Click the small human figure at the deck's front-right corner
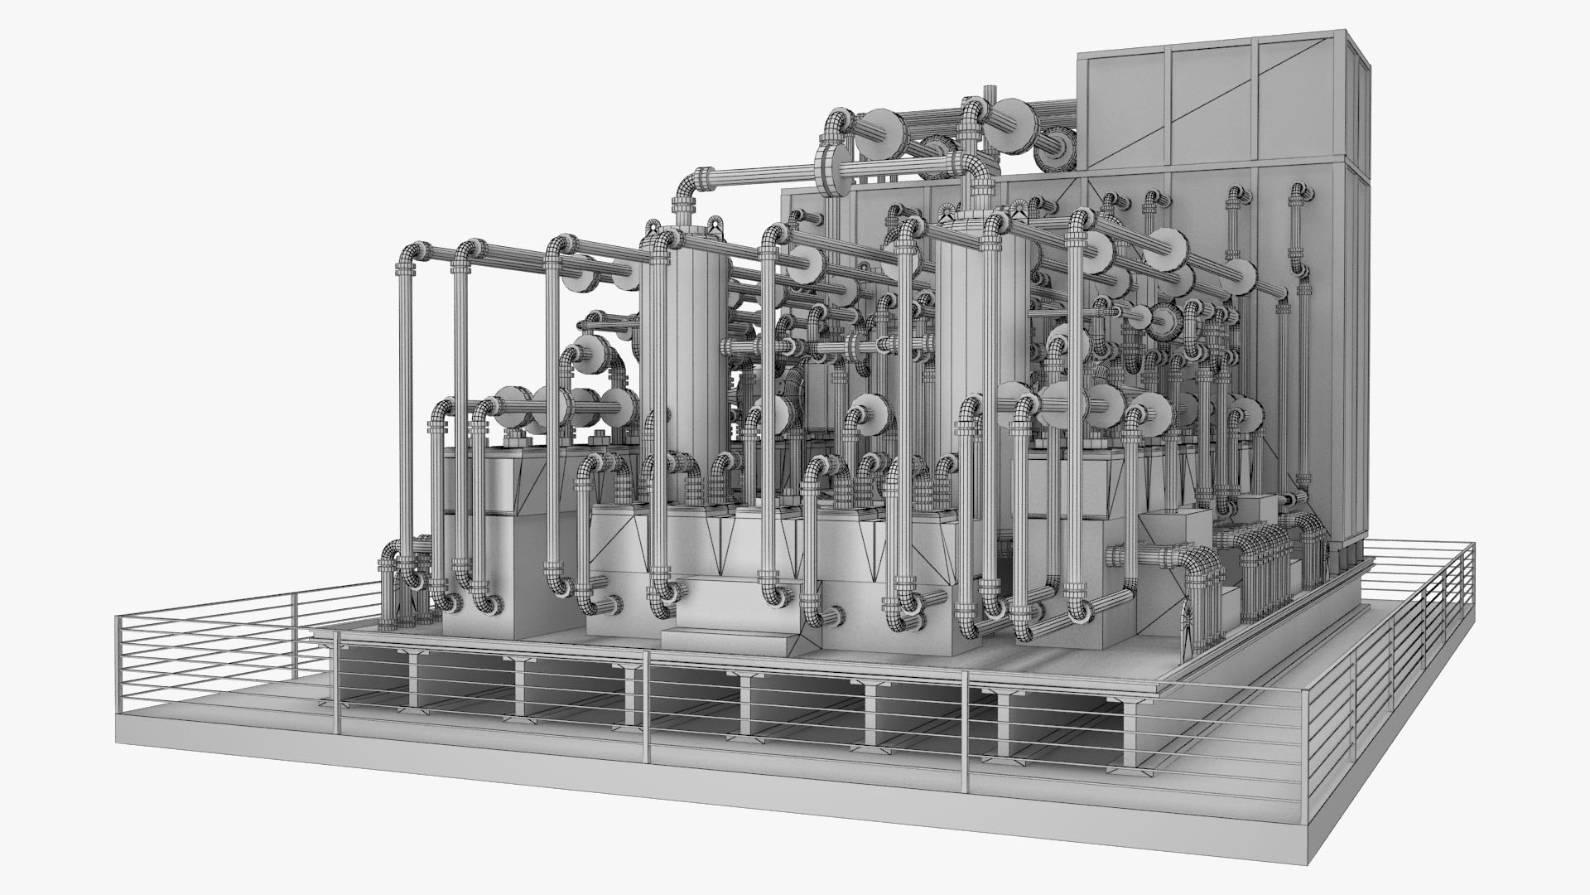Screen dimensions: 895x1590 point(1190,626)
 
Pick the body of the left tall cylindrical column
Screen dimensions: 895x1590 point(694,348)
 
